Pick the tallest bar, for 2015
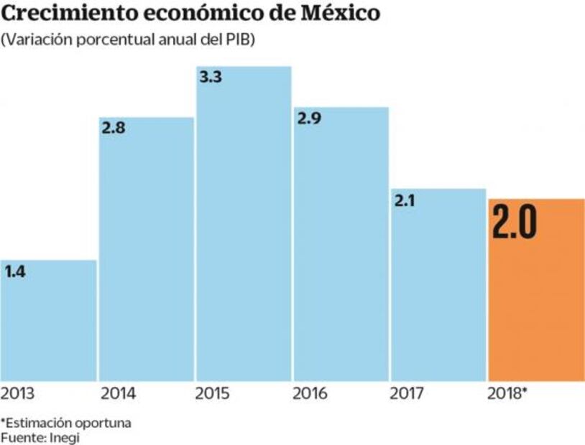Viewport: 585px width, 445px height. pos(244,230)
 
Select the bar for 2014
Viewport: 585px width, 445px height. pos(146,251)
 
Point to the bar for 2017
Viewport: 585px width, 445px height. pos(438,287)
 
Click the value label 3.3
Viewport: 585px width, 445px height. pos(210,78)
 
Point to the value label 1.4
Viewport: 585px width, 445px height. pos(15,272)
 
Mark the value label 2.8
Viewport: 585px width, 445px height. pos(114,130)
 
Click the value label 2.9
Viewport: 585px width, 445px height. pos(308,119)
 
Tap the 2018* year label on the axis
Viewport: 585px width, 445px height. pos(507,394)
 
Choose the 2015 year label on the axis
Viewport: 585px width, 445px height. pos(213,394)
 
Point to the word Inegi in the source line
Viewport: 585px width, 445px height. pos(63,437)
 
